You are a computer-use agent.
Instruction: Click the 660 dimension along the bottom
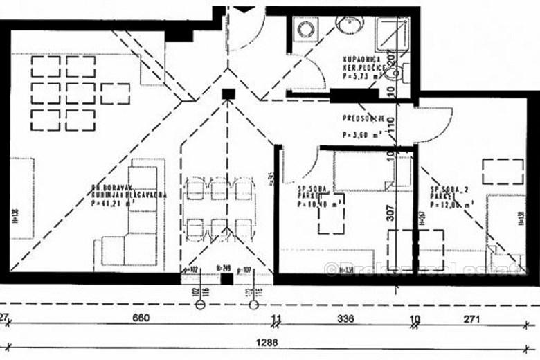point(141,319)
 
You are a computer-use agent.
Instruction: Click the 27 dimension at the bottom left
point(4,318)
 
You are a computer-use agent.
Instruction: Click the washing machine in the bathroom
point(305,29)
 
